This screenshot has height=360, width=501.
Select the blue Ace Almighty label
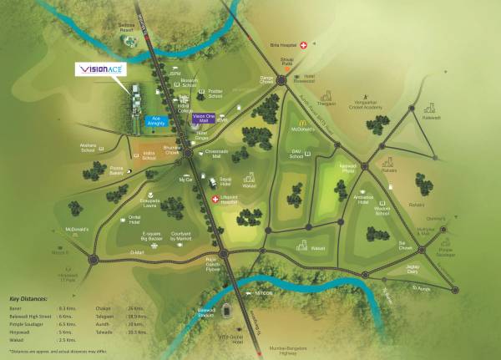156,120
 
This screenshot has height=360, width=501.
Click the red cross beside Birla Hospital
305,43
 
